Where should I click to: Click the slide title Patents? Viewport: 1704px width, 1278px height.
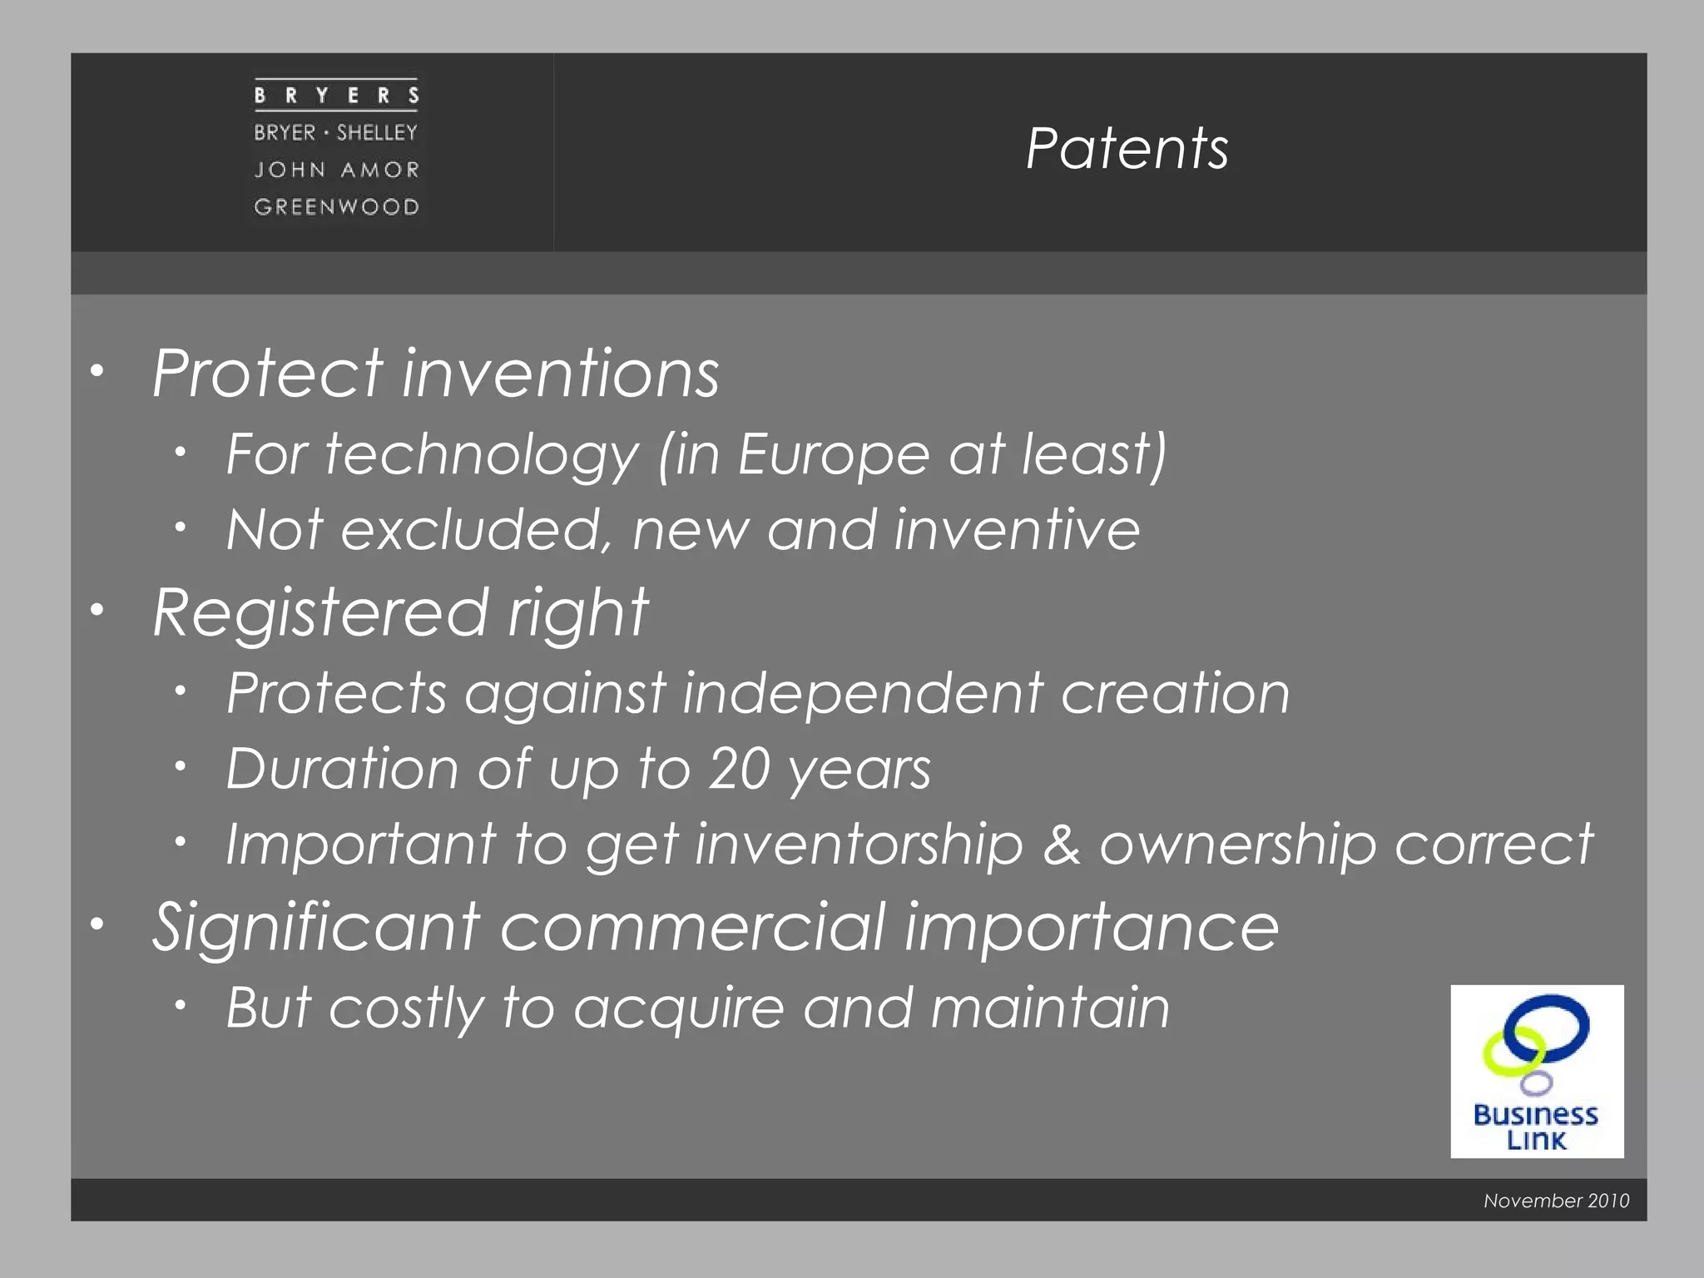tap(1127, 149)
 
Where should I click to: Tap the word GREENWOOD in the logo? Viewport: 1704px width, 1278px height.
tap(336, 206)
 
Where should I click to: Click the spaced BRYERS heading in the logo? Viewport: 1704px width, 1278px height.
tap(336, 96)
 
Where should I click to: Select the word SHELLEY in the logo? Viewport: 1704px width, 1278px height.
tap(377, 132)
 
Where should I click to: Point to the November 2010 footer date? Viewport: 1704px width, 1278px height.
tap(1556, 1201)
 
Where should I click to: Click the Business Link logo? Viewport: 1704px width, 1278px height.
tap(1537, 1072)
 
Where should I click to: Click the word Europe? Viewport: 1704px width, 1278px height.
tap(834, 455)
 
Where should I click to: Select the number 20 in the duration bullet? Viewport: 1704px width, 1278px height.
tap(739, 769)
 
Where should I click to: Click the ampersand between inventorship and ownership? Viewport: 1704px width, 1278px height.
tap(1062, 845)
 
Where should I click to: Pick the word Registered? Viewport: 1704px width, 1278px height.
tap(320, 612)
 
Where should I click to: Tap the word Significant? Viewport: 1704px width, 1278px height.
tap(317, 928)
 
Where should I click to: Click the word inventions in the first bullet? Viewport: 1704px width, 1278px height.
tap(561, 374)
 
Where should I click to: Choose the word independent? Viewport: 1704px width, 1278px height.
tap(863, 694)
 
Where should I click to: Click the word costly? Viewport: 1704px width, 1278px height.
tap(406, 1008)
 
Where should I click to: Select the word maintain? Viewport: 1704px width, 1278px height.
tap(1050, 1008)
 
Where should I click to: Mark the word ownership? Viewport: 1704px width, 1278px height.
tap(1237, 845)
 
